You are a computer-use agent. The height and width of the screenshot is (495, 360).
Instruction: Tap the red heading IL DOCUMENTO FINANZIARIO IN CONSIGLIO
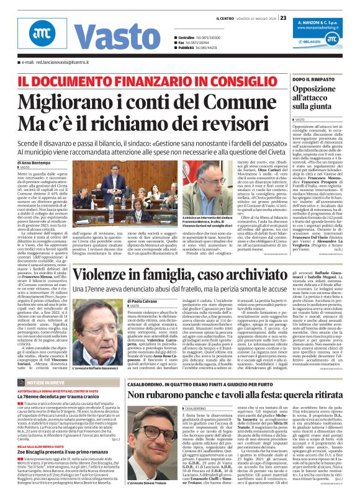tap(131, 81)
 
